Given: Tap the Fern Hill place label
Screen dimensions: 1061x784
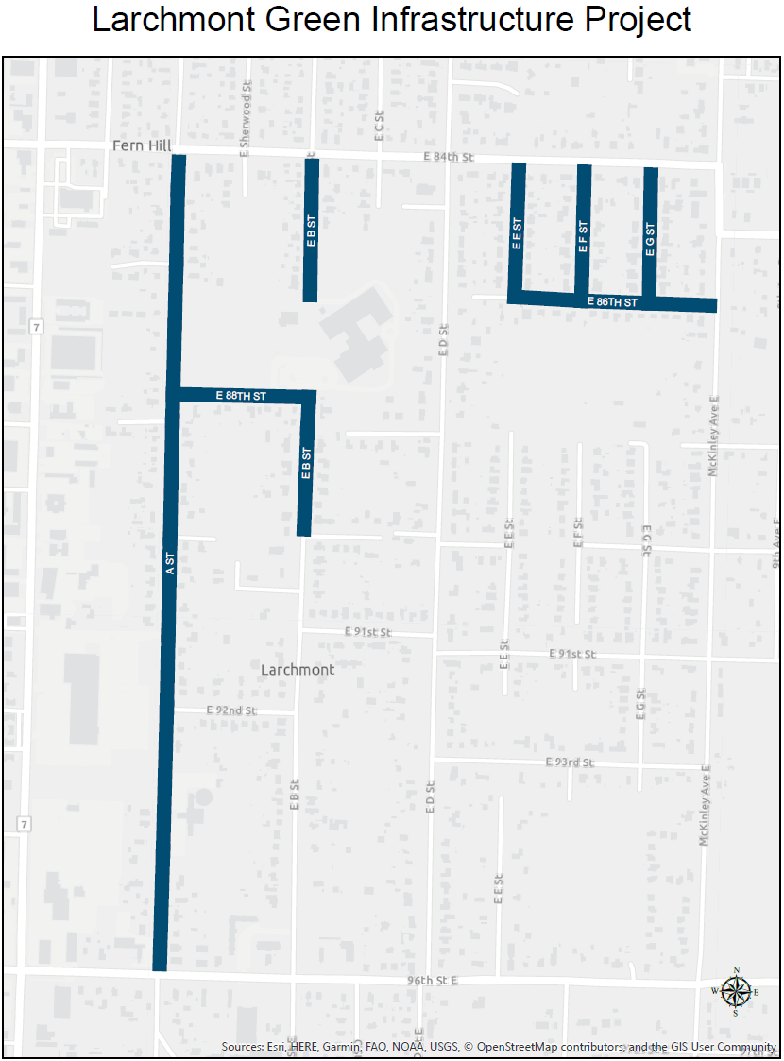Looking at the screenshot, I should tap(142, 145).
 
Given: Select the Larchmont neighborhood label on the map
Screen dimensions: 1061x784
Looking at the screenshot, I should tap(298, 669).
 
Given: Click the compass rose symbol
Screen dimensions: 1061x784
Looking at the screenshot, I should tap(736, 991).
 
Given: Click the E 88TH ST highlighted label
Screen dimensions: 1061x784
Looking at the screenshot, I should tap(241, 396).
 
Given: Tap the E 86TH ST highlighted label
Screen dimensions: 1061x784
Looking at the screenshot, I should tap(613, 302).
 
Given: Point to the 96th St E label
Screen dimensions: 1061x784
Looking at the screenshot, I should tap(433, 982).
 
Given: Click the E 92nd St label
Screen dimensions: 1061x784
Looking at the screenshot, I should tap(231, 710).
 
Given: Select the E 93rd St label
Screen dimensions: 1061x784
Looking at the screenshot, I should tap(571, 762).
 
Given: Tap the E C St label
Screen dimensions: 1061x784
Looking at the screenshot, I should tap(378, 126).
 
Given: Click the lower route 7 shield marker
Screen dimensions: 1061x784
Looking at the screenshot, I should tap(23, 825).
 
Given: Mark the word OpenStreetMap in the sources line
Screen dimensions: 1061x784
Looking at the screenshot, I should tap(522, 1047).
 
